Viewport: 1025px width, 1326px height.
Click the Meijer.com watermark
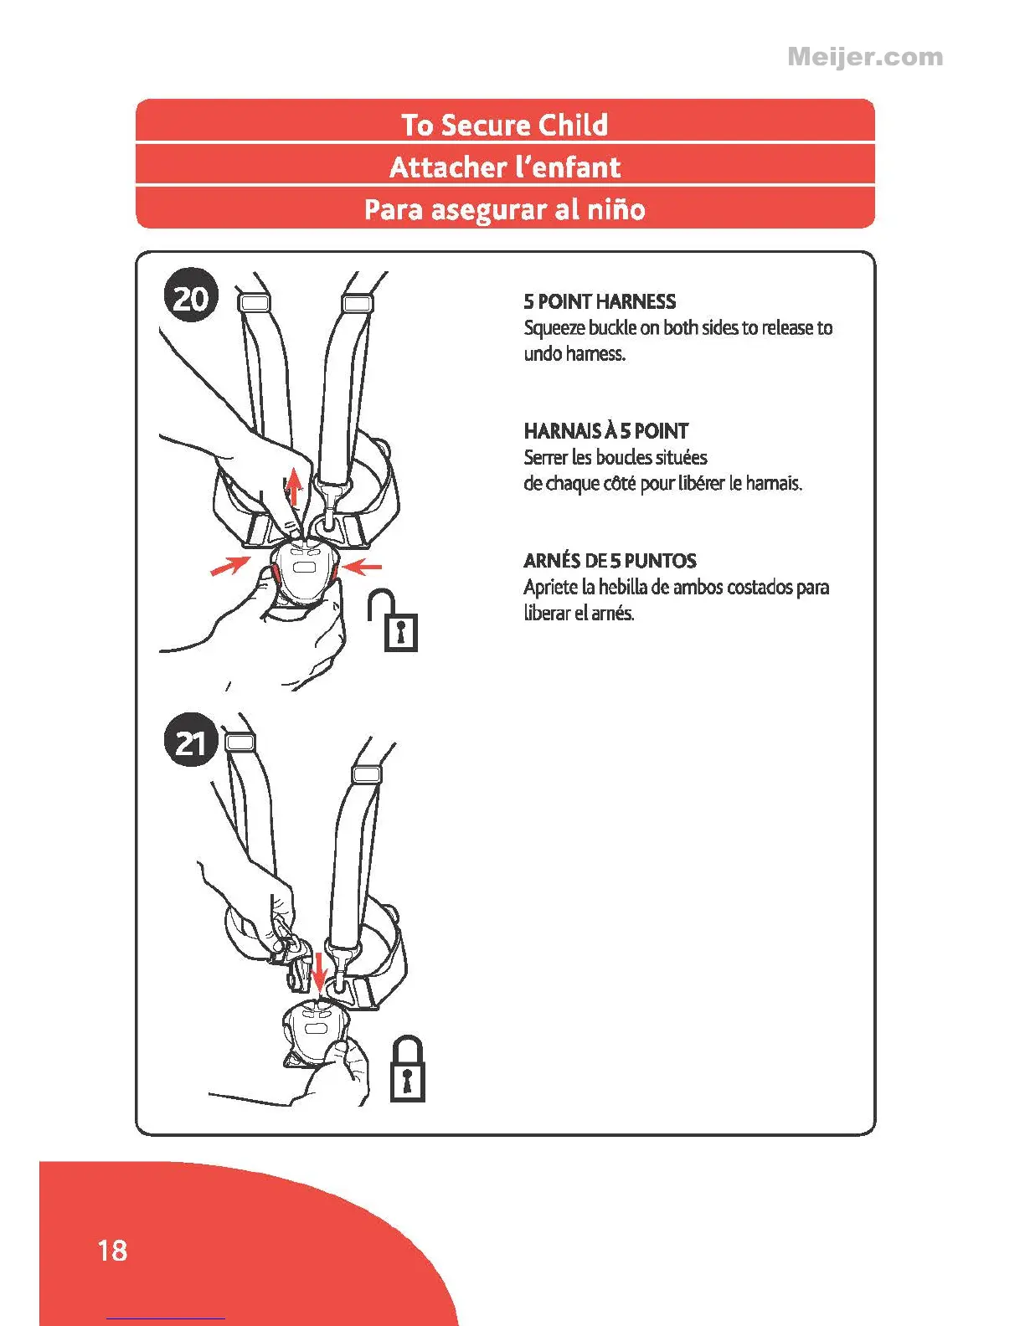tap(865, 57)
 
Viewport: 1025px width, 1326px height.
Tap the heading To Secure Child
tap(504, 125)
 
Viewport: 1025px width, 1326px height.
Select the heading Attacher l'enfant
tap(504, 167)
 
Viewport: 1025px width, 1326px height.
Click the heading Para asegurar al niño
tap(504, 208)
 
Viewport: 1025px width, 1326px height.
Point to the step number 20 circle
tap(191, 297)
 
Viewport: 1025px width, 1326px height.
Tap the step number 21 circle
tap(191, 742)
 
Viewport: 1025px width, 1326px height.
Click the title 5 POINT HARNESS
tap(600, 301)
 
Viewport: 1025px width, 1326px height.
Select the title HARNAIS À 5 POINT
tap(605, 431)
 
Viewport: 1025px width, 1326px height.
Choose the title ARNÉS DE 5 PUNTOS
tap(610, 561)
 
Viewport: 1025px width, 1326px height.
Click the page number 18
tap(113, 1251)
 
